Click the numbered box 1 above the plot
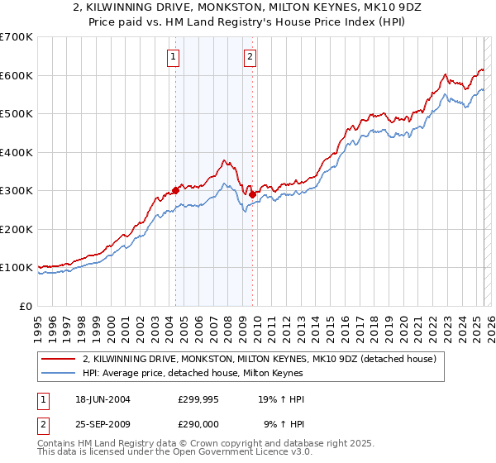pyautogui.click(x=174, y=57)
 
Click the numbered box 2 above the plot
pyautogui.click(x=250, y=57)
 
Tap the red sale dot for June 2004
pyautogui.click(x=176, y=189)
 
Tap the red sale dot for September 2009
pyautogui.click(x=252, y=194)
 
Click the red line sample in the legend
pyautogui.click(x=60, y=359)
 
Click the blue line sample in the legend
pyautogui.click(x=60, y=374)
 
